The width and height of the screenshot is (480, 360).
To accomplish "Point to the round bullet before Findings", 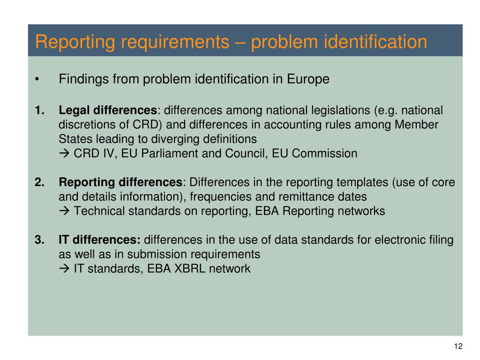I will (x=37, y=79).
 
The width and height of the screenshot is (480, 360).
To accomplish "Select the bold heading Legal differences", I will (x=108, y=111).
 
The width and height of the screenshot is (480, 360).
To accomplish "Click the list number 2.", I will (x=39, y=182).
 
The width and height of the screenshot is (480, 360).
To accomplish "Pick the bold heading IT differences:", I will (x=99, y=240).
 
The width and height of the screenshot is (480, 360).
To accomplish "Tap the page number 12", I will (x=458, y=346).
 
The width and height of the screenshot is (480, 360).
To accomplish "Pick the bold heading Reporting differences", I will (x=120, y=182).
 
